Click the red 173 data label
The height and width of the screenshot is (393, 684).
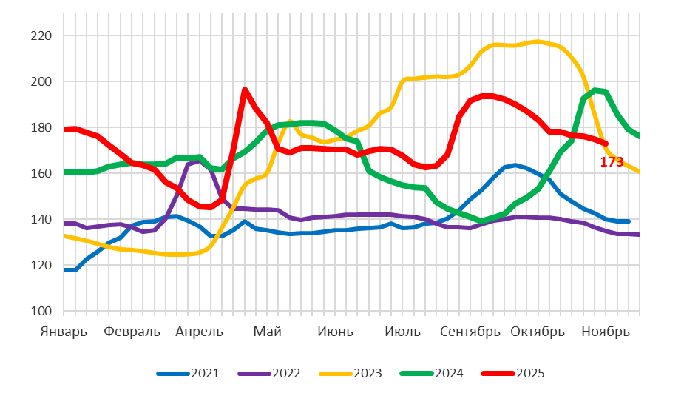612,162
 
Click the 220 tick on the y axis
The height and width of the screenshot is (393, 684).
41,36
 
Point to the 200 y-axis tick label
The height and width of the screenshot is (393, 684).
41,81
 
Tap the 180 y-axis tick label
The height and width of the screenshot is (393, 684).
41,127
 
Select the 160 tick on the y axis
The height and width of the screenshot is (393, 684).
41,173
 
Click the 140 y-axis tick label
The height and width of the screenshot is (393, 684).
41,219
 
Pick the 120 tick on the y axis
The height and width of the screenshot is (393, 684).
41,265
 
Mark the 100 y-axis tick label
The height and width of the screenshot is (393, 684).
41,311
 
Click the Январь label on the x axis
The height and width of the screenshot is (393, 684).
64,332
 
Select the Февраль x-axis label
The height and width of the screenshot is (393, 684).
132,332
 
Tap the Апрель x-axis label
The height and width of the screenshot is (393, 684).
199,332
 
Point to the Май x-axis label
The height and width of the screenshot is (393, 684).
267,332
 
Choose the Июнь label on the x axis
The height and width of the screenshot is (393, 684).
335,332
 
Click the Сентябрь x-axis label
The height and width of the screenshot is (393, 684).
470,332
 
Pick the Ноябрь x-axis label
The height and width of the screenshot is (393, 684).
606,332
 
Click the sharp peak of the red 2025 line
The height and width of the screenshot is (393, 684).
245,90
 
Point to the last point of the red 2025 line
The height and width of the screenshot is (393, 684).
606,144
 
